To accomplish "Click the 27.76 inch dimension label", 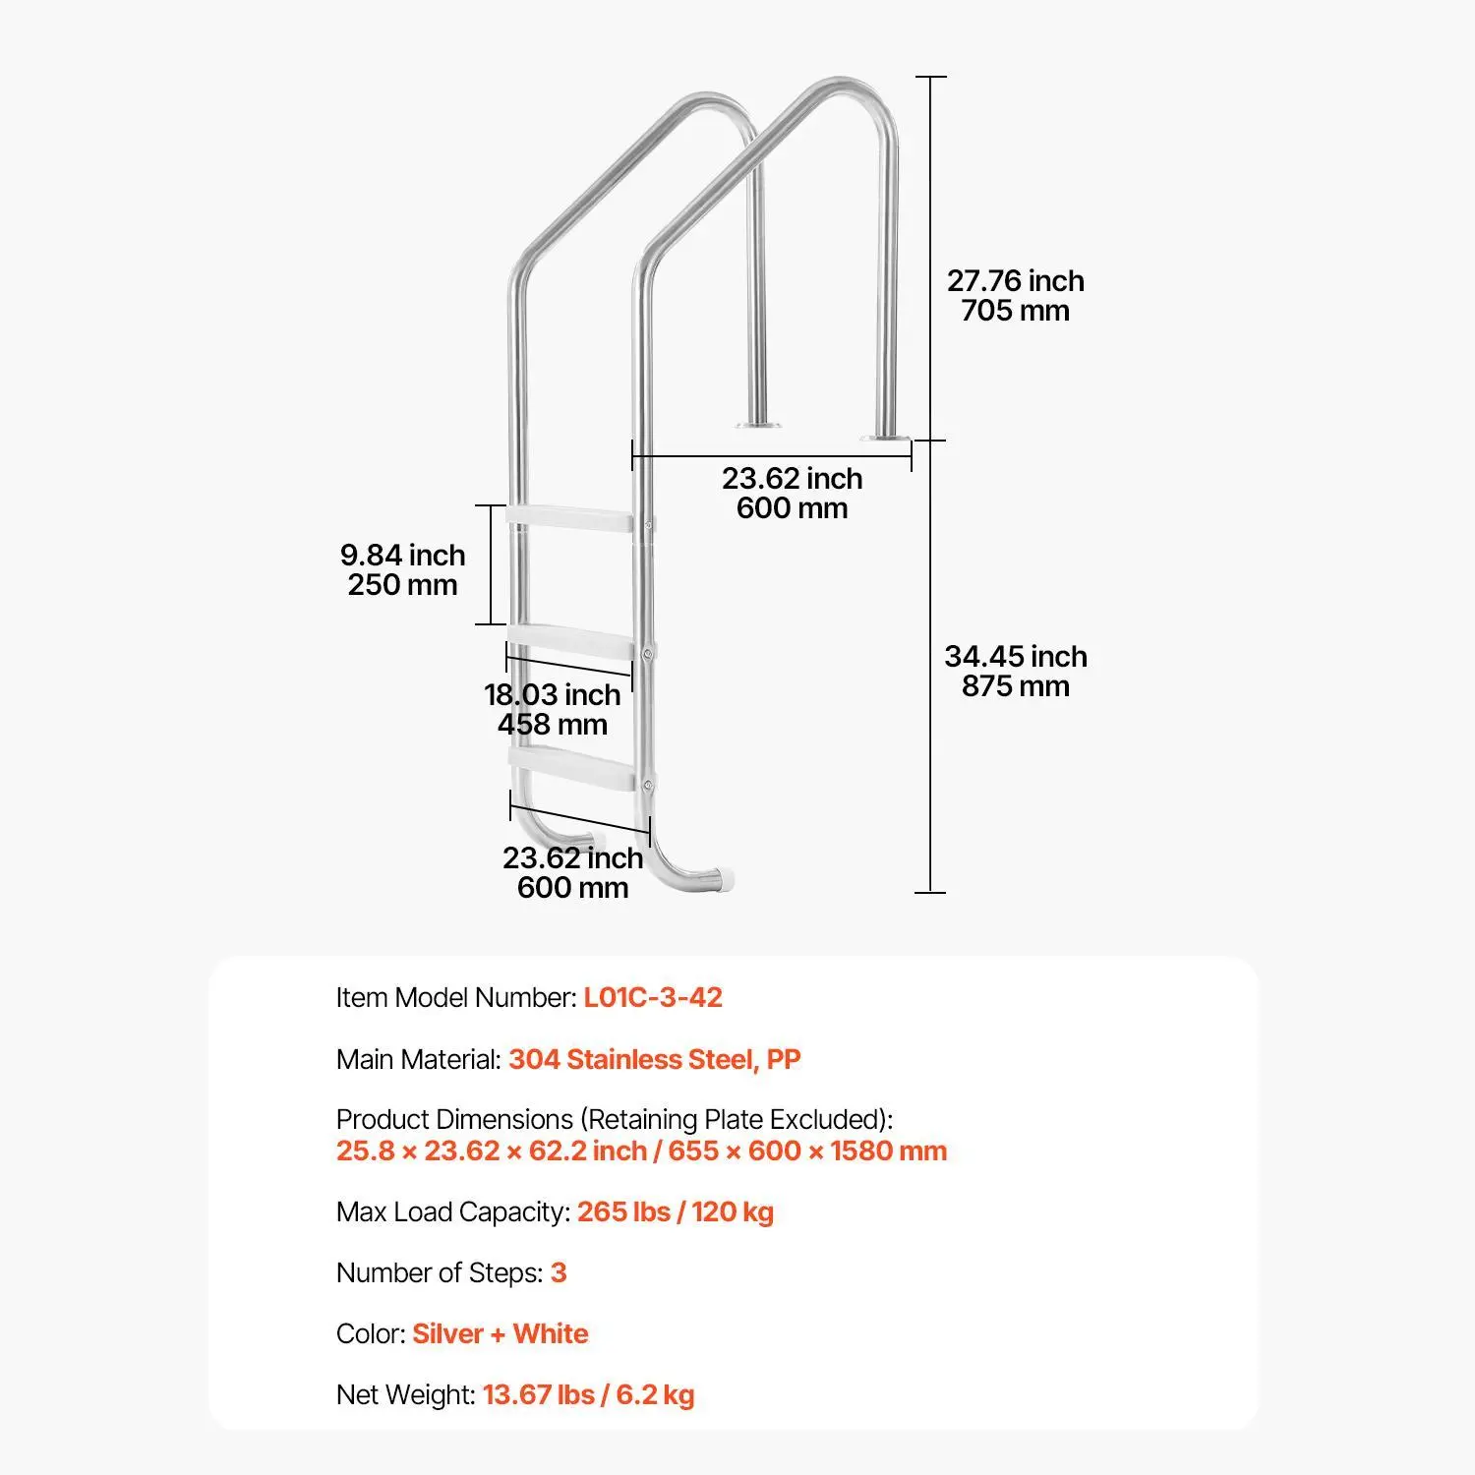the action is [1016, 281].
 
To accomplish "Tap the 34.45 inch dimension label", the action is [1016, 657].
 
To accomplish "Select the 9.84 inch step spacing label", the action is [403, 556].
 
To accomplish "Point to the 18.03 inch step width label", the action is [553, 695].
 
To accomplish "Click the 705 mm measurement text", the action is [1016, 311].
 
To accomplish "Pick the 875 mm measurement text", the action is [1016, 686].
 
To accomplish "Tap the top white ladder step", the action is [568, 519].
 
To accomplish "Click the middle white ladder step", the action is [570, 640].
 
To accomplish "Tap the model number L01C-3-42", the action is [653, 997].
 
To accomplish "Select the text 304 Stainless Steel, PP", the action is [655, 1059].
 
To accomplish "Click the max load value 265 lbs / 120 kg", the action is [676, 1211].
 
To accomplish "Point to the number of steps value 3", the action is [559, 1272].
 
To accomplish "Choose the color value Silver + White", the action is [501, 1333].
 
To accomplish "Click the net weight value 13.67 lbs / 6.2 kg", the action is [589, 1394].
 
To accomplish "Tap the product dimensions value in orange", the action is [642, 1150].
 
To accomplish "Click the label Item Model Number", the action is [456, 997].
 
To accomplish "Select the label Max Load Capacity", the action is [453, 1211].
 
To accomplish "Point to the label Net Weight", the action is [406, 1394].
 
